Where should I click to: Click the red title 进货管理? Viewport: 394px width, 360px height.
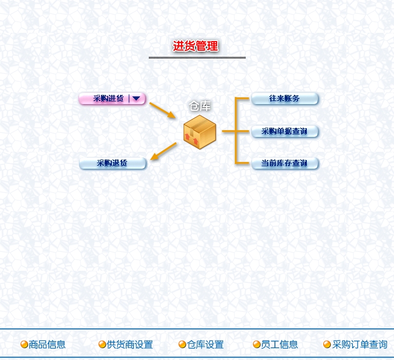(195, 46)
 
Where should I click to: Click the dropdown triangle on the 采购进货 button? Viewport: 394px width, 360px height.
(136, 98)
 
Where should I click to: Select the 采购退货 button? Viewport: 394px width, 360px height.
(112, 164)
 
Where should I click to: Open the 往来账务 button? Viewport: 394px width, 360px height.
(284, 98)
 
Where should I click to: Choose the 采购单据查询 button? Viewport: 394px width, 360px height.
(284, 131)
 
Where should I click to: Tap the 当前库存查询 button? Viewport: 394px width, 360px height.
(284, 164)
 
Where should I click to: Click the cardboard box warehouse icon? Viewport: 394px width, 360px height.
(200, 131)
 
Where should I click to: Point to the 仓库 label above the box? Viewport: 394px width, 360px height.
(200, 106)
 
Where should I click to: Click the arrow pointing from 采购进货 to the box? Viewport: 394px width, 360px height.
(163, 110)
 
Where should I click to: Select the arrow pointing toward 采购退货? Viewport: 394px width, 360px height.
(164, 151)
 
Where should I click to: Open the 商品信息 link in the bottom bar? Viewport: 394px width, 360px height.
(47, 345)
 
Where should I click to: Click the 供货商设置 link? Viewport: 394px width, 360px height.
(130, 345)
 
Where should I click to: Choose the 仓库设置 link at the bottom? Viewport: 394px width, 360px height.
(205, 345)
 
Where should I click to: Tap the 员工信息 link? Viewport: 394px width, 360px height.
(279, 345)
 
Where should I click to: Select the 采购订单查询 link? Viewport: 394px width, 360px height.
(360, 345)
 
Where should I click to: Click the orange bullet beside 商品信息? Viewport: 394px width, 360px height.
(24, 345)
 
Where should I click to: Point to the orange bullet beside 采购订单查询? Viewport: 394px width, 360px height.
(327, 345)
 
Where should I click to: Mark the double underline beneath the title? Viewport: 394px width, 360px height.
(197, 57)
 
